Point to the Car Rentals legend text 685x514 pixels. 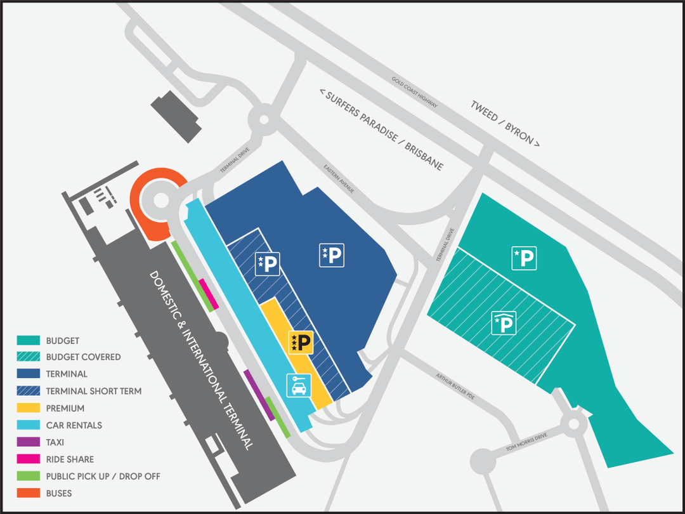(x=74, y=425)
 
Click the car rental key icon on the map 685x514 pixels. (x=298, y=385)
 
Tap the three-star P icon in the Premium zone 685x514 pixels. (x=301, y=343)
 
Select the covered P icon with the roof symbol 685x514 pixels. (x=504, y=323)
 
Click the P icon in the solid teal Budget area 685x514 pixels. (x=525, y=258)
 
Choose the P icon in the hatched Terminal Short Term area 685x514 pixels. (x=267, y=263)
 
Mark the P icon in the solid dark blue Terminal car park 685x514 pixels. (x=332, y=255)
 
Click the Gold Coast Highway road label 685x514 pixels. (x=415, y=92)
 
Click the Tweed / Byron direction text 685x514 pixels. (x=505, y=122)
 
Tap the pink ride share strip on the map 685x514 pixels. (x=209, y=294)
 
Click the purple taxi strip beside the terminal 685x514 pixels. (x=259, y=393)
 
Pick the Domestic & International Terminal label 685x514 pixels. (x=201, y=359)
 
